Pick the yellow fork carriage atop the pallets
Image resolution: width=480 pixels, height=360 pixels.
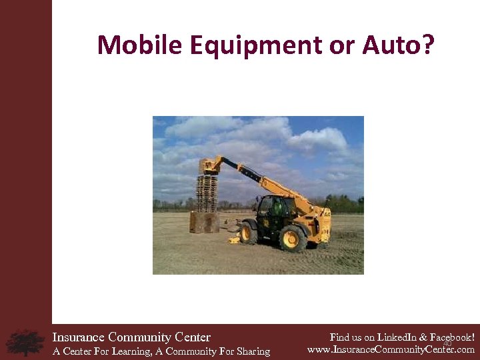pyautogui.click(x=209, y=165)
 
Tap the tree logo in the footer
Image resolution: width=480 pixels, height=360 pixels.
pyautogui.click(x=25, y=342)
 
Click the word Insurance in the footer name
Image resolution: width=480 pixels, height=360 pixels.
pyautogui.click(x=79, y=337)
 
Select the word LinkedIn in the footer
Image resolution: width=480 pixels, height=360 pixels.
pyautogui.click(x=394, y=337)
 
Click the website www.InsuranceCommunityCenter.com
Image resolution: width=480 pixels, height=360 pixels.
pyautogui.click(x=391, y=349)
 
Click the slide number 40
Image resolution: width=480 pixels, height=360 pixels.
pyautogui.click(x=447, y=343)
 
